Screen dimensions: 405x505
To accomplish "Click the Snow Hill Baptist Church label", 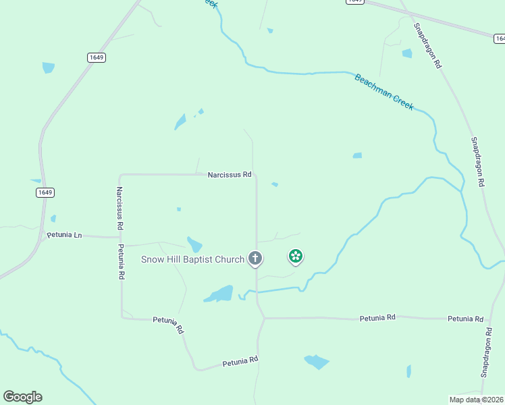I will pos(192,259).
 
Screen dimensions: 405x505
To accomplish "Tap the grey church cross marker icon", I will pos(255,258).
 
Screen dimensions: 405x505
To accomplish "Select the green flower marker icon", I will pos(295,256).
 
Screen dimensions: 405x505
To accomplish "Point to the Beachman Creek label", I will pos(383,92).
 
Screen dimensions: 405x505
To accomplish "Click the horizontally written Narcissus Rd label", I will pos(230,175).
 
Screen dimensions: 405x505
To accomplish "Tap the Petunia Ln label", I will pos(64,235).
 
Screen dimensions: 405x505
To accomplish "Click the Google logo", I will pos(22,397).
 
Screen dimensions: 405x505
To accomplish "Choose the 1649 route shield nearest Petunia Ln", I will pos(45,192).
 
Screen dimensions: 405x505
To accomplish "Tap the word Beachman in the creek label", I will pos(373,86).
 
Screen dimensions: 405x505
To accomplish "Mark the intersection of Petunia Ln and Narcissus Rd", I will pos(120,237).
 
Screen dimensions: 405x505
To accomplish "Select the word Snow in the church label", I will pos(153,259).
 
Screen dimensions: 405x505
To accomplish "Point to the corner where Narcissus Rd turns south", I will pos(120,175).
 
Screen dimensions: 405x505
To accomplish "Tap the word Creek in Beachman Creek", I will pos(402,102).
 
